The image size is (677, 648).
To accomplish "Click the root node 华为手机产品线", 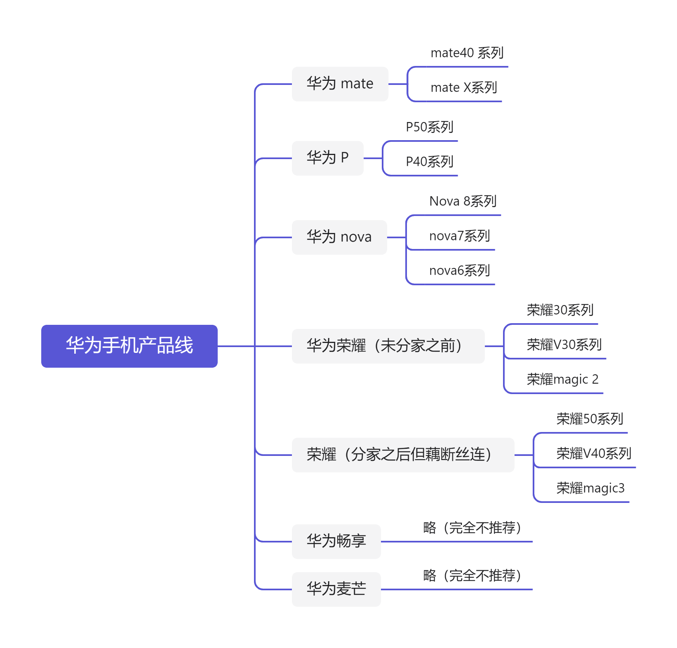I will [x=129, y=346].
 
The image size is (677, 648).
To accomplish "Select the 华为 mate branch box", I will [x=340, y=84].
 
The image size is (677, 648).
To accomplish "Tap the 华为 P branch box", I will [x=327, y=158].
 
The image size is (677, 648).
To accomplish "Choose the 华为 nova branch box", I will [x=339, y=237].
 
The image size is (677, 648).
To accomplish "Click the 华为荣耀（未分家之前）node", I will [x=388, y=346].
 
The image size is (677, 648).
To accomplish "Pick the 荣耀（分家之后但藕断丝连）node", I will [x=402, y=455].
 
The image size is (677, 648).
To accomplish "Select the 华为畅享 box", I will [x=336, y=541].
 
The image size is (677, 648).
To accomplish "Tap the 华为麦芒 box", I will [x=336, y=589].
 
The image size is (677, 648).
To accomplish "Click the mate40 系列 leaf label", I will [x=467, y=53].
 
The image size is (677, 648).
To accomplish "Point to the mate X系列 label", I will [x=463, y=88].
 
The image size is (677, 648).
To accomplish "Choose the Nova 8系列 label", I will [x=463, y=202].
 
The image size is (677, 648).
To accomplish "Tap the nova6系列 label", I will [x=459, y=271].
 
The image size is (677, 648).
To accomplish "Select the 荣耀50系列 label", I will [x=590, y=419].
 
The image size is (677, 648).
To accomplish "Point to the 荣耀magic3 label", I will [x=590, y=488].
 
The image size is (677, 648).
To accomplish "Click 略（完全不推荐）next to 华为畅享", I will [x=472, y=528].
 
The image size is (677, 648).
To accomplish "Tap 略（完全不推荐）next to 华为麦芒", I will [x=472, y=576].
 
